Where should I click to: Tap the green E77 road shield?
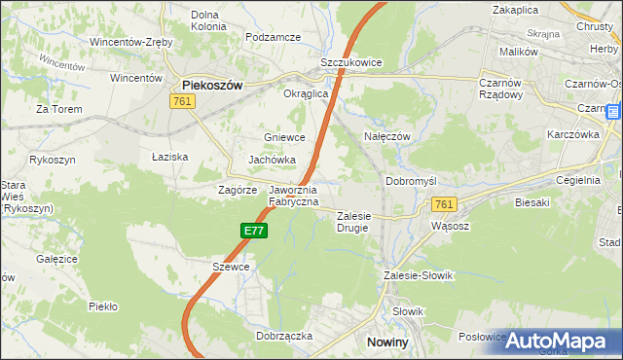[x=254, y=231]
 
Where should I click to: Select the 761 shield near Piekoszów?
[x=182, y=101]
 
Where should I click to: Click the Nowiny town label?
[x=393, y=342]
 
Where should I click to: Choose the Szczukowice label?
[x=351, y=61]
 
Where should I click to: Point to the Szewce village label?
[x=231, y=267]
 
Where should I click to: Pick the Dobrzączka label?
[x=283, y=335]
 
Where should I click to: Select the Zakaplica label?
[x=516, y=10]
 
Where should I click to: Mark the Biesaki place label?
[x=530, y=202]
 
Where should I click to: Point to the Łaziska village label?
[x=169, y=156]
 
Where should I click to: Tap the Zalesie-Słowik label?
[x=419, y=275]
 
